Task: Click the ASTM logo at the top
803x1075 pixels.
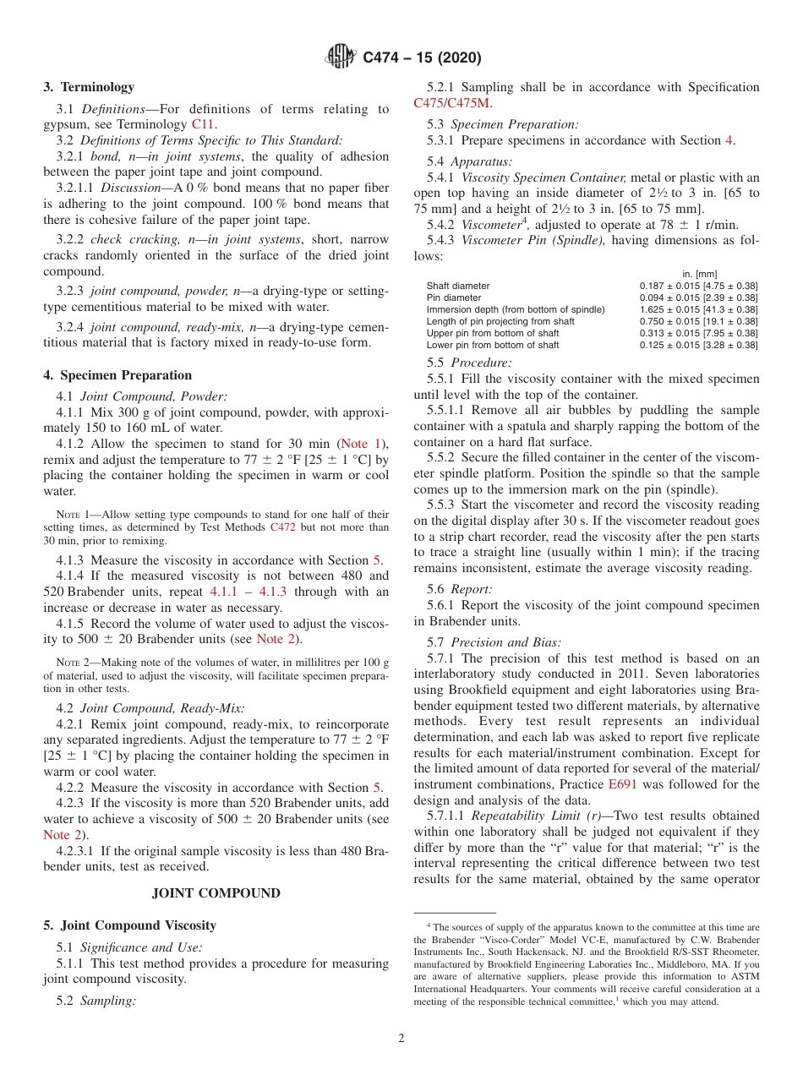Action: (341, 57)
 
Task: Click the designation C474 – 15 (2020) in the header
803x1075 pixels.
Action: (422, 58)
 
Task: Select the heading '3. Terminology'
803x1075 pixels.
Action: (89, 87)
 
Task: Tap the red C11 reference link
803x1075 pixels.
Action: (203, 124)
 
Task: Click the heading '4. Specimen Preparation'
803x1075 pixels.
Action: (117, 375)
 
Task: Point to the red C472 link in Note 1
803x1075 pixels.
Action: (283, 527)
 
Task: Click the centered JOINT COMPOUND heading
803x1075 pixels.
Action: (216, 892)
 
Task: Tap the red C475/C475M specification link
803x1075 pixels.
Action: (452, 103)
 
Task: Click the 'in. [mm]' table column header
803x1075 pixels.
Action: (699, 274)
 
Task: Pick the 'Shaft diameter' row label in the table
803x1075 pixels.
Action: (458, 286)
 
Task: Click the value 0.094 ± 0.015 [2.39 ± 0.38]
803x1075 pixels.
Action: (699, 297)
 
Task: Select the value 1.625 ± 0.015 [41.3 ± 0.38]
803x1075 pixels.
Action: (699, 309)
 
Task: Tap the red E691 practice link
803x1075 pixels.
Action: (622, 784)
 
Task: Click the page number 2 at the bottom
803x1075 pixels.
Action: (401, 1039)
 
